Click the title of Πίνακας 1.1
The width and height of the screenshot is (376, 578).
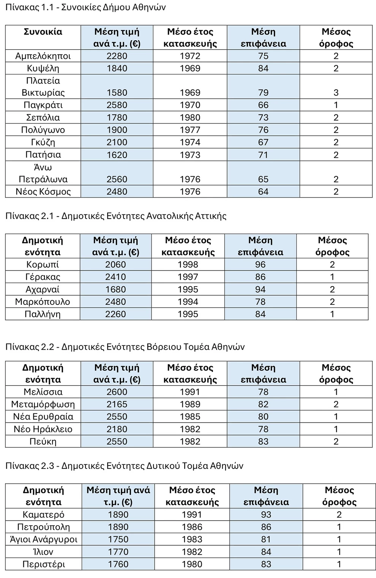(x=85, y=8)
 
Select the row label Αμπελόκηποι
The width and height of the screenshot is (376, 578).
(x=43, y=56)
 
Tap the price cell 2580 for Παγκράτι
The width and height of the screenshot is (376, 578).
(x=117, y=105)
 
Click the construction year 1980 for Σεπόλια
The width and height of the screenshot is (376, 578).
(x=190, y=117)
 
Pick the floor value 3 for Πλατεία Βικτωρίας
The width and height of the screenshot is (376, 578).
(x=336, y=93)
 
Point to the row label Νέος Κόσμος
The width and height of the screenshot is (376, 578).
(x=43, y=192)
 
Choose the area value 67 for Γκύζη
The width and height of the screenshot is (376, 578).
(x=263, y=142)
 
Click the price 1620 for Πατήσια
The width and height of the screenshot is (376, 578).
(x=117, y=155)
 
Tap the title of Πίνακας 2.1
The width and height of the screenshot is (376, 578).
(x=116, y=216)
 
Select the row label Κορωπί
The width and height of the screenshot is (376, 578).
(x=43, y=264)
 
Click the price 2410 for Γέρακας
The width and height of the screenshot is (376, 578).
(x=115, y=277)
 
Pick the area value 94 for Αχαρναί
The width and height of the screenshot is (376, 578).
(x=260, y=290)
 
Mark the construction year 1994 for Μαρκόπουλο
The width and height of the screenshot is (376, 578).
(x=188, y=302)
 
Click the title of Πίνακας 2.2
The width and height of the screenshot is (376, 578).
(x=125, y=347)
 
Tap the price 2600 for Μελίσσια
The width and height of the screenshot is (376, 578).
(x=117, y=392)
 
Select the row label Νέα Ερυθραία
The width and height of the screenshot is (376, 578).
(x=43, y=416)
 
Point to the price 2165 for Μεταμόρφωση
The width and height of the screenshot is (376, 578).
(x=117, y=404)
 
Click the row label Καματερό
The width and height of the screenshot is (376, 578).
(x=43, y=515)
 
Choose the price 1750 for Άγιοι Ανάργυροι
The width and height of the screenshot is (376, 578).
(x=118, y=539)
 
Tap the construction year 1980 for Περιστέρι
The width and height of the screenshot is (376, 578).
(x=192, y=564)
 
